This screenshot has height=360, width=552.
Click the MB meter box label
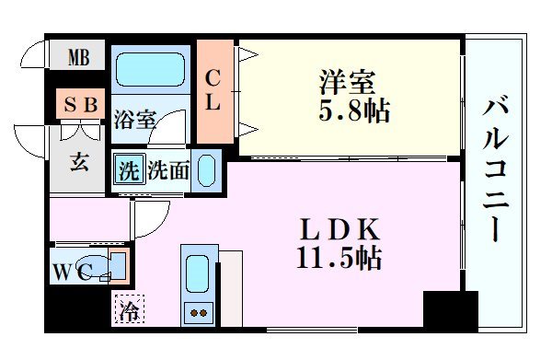(x=78, y=60)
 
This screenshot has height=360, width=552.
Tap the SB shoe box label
(x=80, y=105)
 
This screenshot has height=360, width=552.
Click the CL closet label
(x=213, y=90)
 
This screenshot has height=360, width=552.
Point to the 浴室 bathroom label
(x=135, y=120)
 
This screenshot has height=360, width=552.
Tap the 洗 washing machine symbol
(x=129, y=170)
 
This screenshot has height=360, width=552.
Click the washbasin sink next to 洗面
(x=208, y=171)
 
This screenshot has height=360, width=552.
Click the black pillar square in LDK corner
(x=450, y=310)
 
